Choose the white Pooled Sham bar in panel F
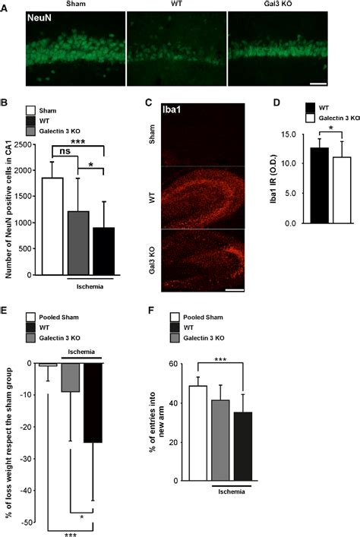click(197, 433)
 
